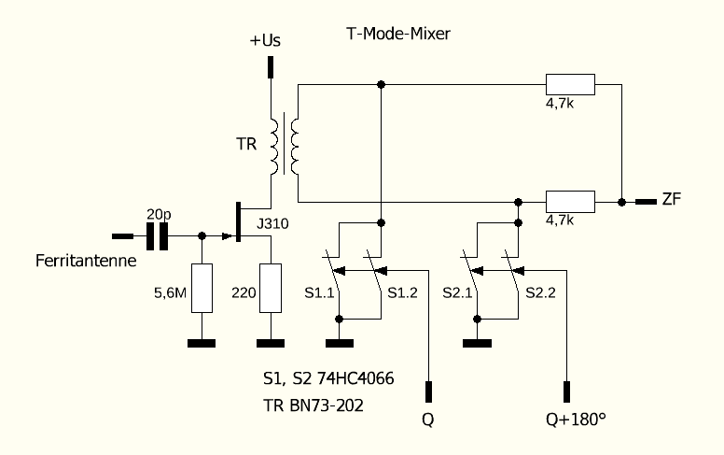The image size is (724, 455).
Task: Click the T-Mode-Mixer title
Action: (397, 36)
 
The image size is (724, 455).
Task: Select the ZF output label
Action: (671, 201)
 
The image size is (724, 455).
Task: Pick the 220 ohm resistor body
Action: (270, 288)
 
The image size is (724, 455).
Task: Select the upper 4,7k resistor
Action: (569, 84)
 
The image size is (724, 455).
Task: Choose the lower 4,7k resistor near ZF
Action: (569, 201)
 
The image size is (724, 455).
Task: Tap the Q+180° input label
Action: (576, 419)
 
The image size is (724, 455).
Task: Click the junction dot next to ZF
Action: (620, 201)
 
